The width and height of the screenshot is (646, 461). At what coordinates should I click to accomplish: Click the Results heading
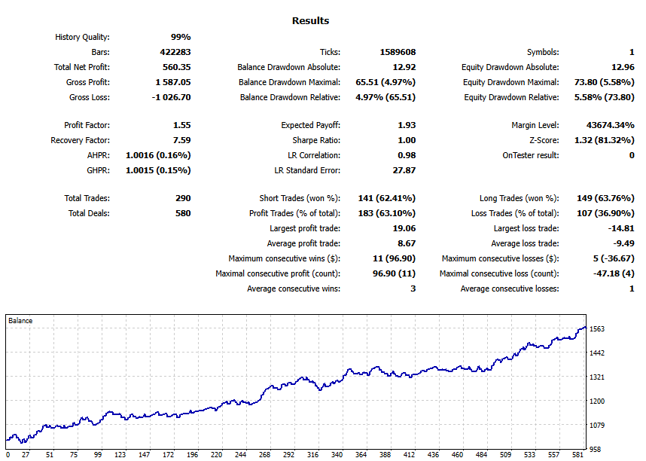click(310, 21)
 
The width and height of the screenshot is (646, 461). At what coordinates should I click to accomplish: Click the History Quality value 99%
click(181, 37)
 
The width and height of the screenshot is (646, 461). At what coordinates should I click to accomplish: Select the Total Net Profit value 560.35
click(176, 67)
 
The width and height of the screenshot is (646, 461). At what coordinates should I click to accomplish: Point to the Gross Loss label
click(89, 97)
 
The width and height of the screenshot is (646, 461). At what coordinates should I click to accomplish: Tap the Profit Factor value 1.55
click(181, 125)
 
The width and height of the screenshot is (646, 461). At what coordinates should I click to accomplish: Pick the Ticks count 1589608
click(398, 52)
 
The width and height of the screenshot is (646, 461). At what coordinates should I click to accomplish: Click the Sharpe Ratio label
click(316, 140)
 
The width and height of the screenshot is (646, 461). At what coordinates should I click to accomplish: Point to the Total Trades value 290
click(181, 198)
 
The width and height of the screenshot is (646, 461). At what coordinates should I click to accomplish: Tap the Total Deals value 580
click(181, 213)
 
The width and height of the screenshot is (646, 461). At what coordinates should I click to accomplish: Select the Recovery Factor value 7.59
click(181, 140)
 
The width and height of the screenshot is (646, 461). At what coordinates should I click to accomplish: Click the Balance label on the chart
click(20, 321)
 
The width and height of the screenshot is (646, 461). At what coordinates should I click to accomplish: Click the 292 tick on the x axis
click(288, 455)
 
